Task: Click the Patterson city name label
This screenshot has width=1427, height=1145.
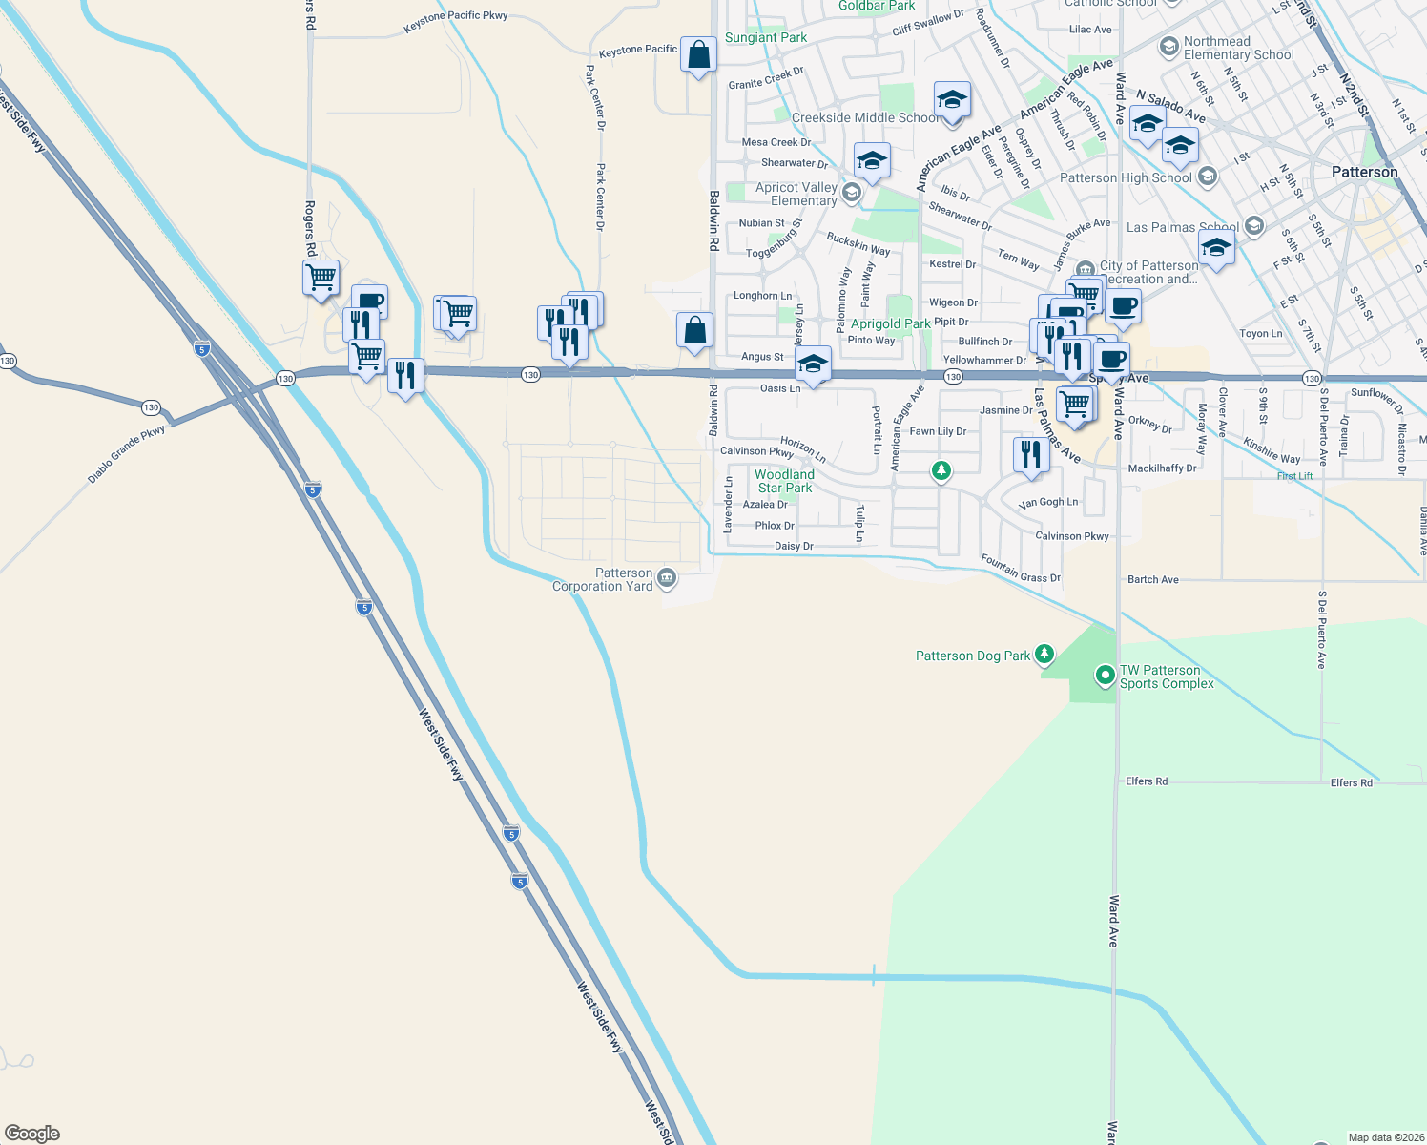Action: coord(1364,172)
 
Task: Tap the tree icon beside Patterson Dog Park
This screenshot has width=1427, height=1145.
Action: coord(1044,654)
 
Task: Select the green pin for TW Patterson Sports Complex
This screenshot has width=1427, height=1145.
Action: coord(1105,676)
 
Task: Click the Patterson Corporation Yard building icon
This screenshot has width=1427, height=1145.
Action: coord(667,577)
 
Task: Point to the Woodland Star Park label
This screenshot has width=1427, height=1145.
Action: coord(785,481)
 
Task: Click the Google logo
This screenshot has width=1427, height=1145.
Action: coord(31,1134)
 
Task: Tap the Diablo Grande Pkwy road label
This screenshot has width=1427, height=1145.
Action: coord(127,454)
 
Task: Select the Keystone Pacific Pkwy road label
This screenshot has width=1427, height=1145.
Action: coord(455,22)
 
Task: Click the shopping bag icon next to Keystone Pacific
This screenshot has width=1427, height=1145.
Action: coord(698,54)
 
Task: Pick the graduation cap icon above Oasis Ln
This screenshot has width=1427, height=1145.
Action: coord(812,364)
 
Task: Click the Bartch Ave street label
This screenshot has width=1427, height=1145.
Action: coord(1152,579)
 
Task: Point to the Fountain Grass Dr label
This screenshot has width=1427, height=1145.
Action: coord(1020,569)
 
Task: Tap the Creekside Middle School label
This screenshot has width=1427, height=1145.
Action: coord(864,117)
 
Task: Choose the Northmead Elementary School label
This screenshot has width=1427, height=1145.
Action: coord(1238,48)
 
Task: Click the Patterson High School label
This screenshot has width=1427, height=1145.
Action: coord(1126,177)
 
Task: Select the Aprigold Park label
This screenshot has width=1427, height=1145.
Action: coord(890,323)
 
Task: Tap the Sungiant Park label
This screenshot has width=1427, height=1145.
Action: coord(765,37)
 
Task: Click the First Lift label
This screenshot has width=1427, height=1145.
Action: coord(1294,476)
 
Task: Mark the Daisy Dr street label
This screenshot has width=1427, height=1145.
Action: coord(794,546)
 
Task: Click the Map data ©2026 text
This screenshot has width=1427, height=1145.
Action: coord(1384,1137)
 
